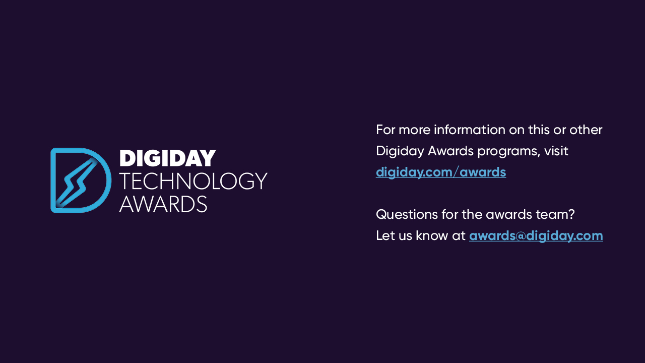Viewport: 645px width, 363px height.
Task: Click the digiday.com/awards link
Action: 441,172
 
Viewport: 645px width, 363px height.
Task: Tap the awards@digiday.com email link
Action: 536,235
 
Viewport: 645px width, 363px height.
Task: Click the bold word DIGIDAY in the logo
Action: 168,158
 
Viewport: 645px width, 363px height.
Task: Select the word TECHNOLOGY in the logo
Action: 193,181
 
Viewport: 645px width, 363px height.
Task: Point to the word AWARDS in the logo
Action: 163,204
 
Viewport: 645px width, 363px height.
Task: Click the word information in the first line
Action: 470,130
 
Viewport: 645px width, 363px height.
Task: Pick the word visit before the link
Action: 556,151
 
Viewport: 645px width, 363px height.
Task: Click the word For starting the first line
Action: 385,130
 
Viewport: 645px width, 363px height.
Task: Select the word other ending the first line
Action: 586,130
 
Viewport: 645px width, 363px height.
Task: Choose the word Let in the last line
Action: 383,235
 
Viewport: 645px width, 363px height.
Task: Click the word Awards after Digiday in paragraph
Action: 450,151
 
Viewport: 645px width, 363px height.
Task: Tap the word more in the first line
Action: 415,130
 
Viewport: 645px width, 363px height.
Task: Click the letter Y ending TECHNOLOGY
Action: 262,181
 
